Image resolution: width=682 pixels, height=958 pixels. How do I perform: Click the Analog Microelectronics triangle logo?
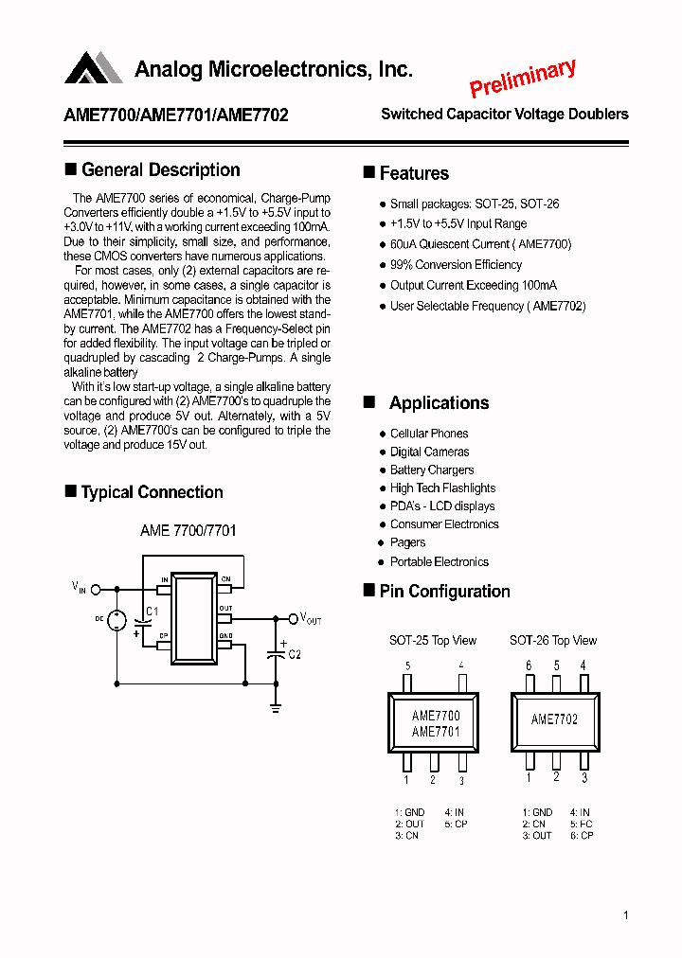point(93,69)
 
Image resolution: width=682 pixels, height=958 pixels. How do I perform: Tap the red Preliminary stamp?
point(522,79)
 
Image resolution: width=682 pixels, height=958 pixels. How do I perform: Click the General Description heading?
point(160,170)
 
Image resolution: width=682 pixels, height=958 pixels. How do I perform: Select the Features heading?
point(413,173)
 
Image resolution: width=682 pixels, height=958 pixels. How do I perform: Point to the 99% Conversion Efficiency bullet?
point(455,265)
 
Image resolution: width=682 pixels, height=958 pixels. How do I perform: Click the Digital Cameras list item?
point(429,452)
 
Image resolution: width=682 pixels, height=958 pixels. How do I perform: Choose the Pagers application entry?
point(407,542)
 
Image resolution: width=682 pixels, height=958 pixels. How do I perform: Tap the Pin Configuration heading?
point(444,592)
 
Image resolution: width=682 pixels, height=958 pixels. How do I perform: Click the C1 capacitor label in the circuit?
point(153,612)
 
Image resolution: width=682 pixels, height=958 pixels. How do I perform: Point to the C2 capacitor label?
point(294,655)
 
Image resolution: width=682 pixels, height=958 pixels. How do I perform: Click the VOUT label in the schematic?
point(311,619)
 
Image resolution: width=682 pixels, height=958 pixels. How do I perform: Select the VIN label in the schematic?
point(79,587)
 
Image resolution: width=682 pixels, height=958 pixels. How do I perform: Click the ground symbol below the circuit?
point(277,705)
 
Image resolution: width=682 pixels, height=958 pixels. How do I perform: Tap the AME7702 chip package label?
point(554,719)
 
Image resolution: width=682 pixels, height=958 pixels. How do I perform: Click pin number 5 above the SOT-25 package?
point(407,665)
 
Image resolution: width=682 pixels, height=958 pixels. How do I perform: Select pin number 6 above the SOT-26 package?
point(529,665)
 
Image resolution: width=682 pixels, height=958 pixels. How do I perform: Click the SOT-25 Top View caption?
point(433,641)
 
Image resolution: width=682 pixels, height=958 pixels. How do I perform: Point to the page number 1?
point(626,915)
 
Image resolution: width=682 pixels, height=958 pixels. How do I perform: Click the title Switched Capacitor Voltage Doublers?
point(504,115)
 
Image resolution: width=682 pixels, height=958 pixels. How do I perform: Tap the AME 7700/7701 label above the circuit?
point(188,531)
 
